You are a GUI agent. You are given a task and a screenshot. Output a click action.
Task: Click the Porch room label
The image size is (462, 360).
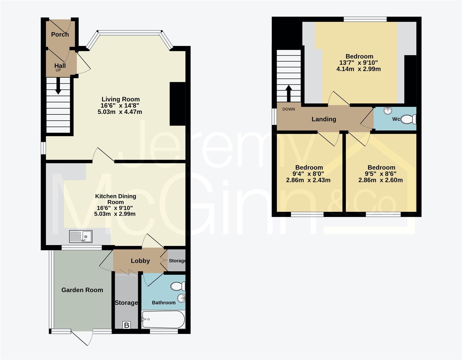pyautogui.click(x=60, y=34)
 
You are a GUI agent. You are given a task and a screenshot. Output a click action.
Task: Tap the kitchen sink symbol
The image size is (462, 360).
pyautogui.click(x=81, y=236)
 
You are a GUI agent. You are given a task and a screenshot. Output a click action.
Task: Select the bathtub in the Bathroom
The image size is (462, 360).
pyautogui.click(x=163, y=319)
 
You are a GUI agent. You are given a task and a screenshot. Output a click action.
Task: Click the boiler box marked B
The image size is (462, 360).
pyautogui.click(x=127, y=325)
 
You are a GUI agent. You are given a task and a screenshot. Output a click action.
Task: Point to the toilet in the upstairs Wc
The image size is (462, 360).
pyautogui.click(x=408, y=119)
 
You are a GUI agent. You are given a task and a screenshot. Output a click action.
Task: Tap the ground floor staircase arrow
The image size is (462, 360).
pyautogui.click(x=58, y=86)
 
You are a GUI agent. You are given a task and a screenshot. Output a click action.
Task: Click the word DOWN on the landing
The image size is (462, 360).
pyautogui.click(x=288, y=109)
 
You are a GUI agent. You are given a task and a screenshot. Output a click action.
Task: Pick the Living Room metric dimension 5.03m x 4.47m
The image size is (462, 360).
pyautogui.click(x=120, y=112)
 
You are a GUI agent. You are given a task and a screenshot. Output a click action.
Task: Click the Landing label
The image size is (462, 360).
pyautogui.click(x=324, y=119)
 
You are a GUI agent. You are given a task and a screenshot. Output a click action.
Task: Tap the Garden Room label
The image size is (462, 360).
pyautogui.click(x=82, y=290)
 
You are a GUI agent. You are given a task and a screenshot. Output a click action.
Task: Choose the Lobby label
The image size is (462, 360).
pyautogui.click(x=140, y=261)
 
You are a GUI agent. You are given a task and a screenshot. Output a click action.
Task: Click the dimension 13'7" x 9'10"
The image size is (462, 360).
pyautogui.click(x=359, y=63)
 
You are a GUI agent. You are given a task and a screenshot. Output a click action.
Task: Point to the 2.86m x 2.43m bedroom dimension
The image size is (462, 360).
pyautogui.click(x=308, y=180)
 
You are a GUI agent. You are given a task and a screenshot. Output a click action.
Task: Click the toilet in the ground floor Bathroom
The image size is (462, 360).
pyautogui.click(x=179, y=286)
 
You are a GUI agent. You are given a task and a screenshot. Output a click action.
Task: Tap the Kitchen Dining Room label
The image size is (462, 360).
pyautogui.click(x=116, y=199)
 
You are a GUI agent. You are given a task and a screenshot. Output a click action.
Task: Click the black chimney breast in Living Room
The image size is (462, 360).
pyautogui.click(x=177, y=104)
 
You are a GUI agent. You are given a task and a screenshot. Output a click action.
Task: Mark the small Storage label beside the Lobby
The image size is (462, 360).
pyautogui.click(x=177, y=261)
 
